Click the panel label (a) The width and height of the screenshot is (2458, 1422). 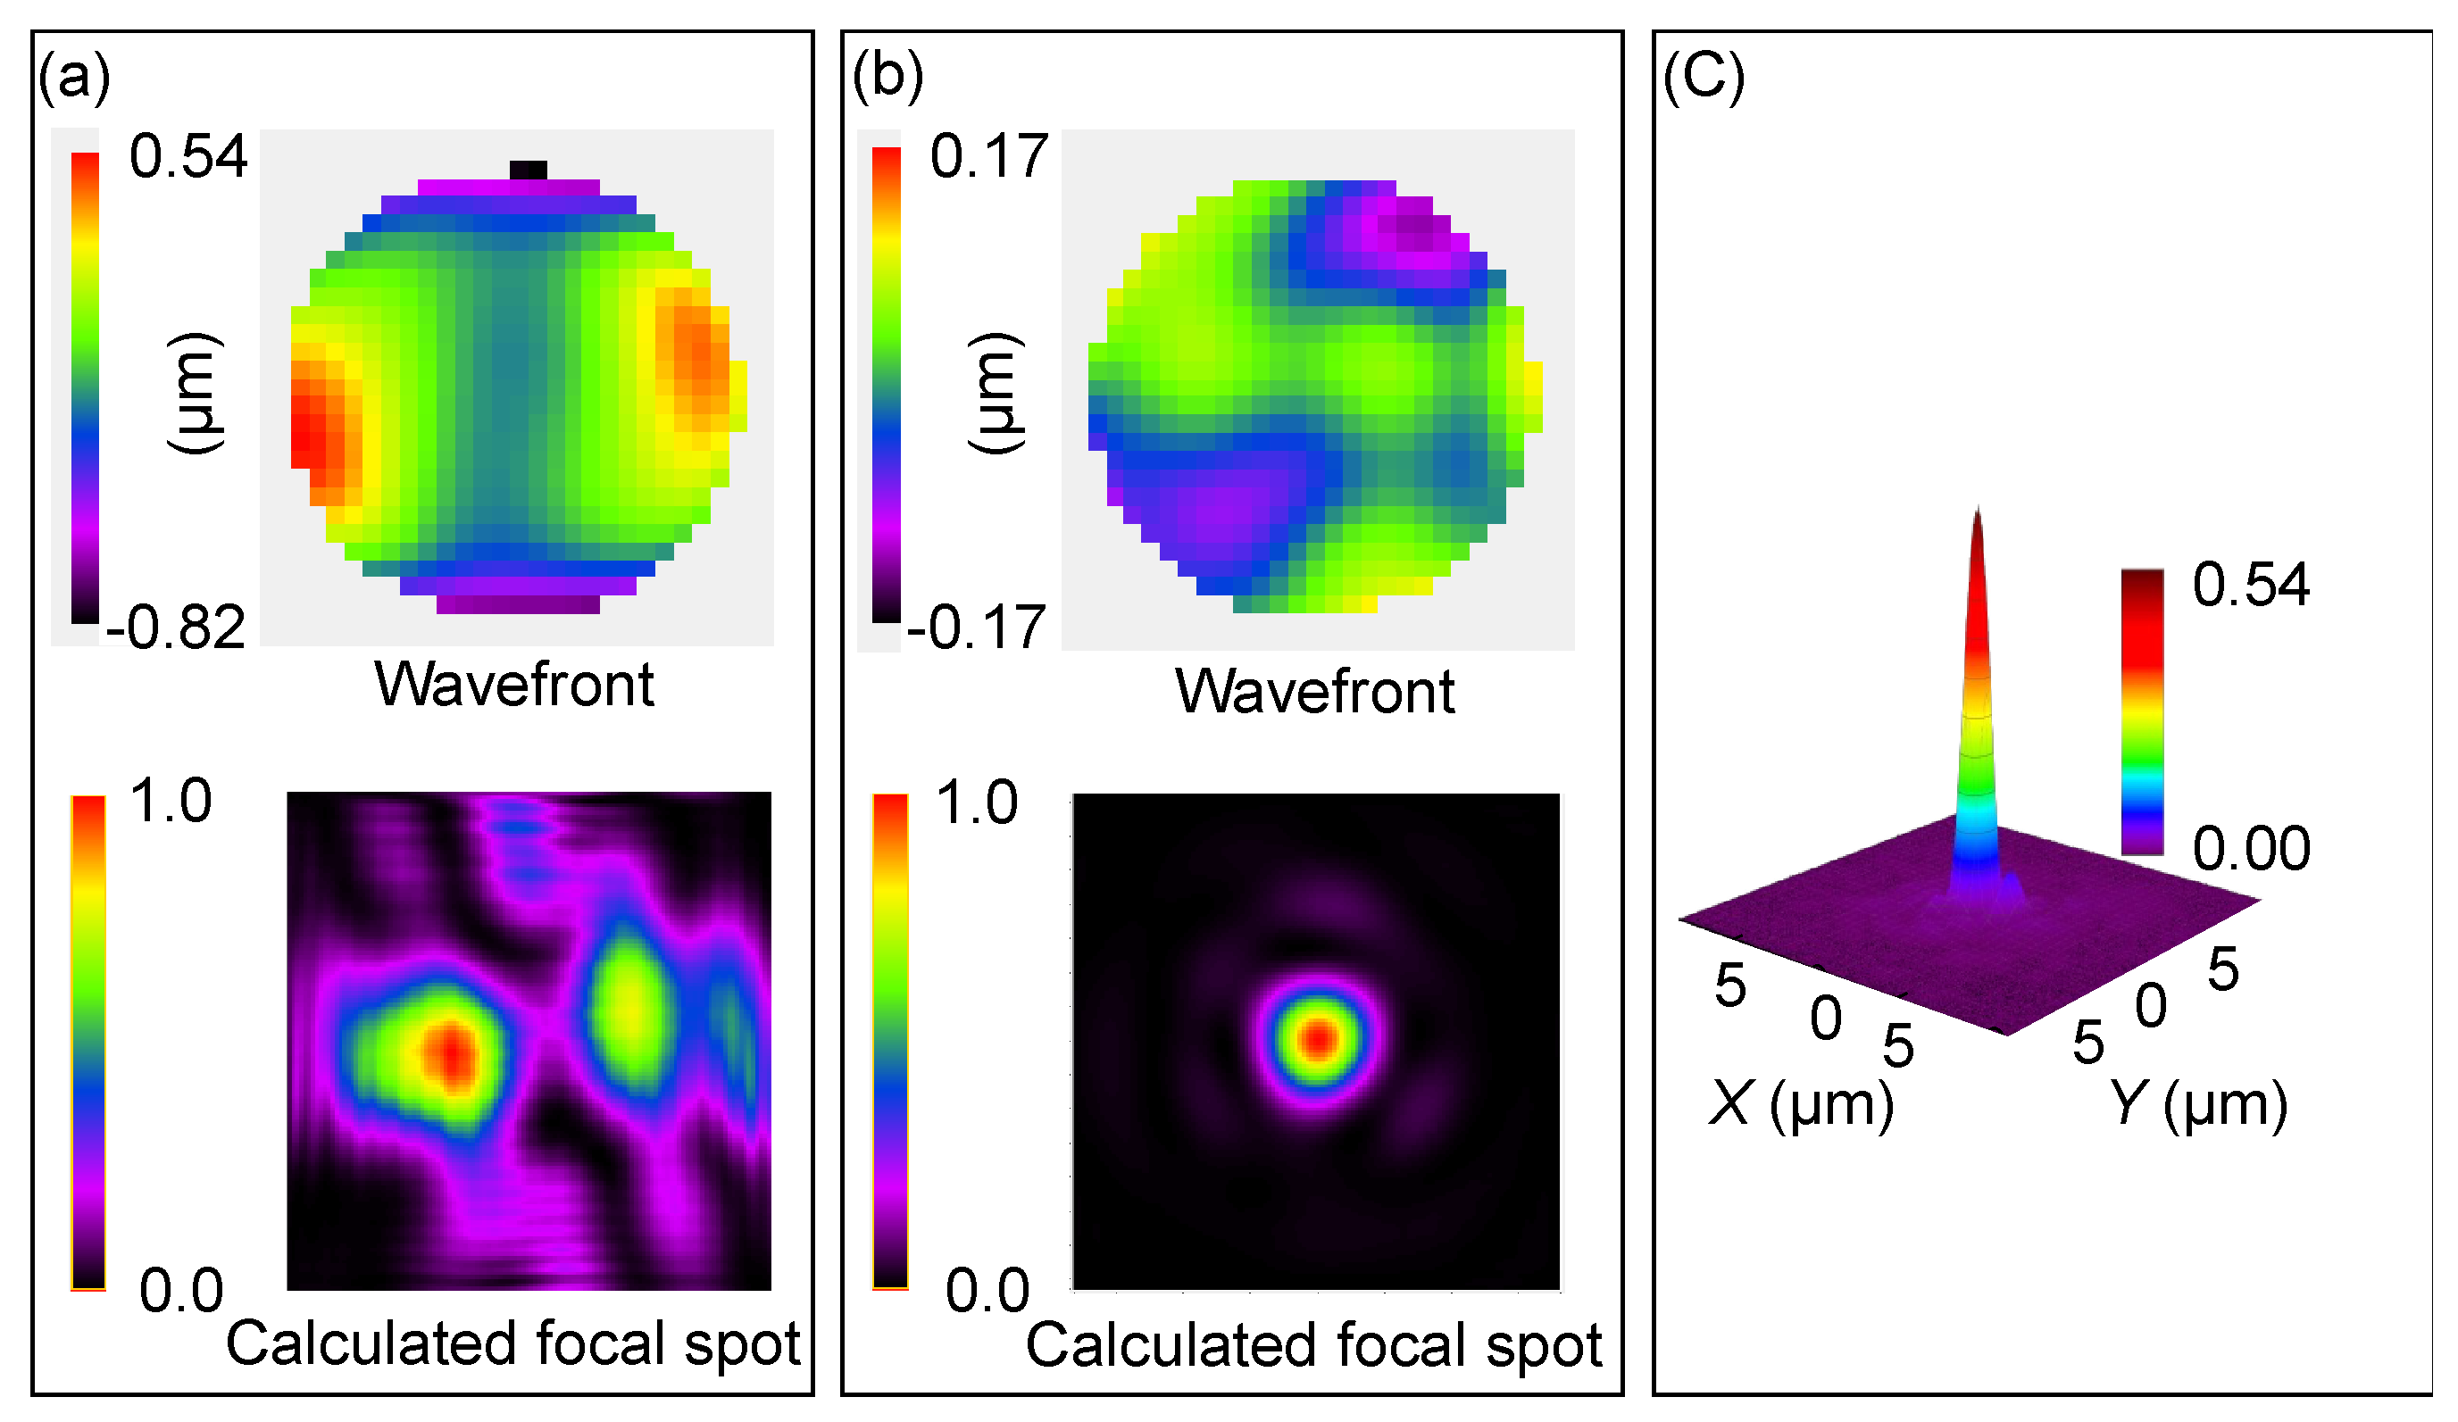(x=74, y=76)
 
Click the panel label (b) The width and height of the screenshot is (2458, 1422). (x=887, y=76)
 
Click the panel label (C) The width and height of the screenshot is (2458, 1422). (x=1703, y=76)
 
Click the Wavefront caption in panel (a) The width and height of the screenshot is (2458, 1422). (x=514, y=685)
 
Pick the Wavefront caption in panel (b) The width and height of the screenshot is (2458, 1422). (x=1315, y=693)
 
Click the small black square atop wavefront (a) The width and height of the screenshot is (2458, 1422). (x=528, y=170)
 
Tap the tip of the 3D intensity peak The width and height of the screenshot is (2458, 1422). (x=1977, y=511)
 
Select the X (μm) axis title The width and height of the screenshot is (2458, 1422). (x=1801, y=1104)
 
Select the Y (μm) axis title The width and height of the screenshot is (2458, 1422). (x=2196, y=1104)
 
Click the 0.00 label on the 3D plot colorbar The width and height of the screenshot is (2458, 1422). (x=2251, y=849)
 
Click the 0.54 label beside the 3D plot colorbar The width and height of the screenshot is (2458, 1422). (x=2251, y=586)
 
